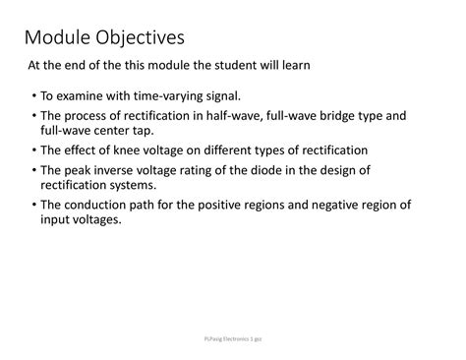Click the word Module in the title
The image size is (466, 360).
pyautogui.click(x=59, y=39)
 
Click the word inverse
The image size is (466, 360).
pyautogui.click(x=119, y=170)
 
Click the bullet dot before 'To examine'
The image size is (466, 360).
pyautogui.click(x=32, y=97)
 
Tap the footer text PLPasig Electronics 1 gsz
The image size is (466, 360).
pyautogui.click(x=233, y=337)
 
